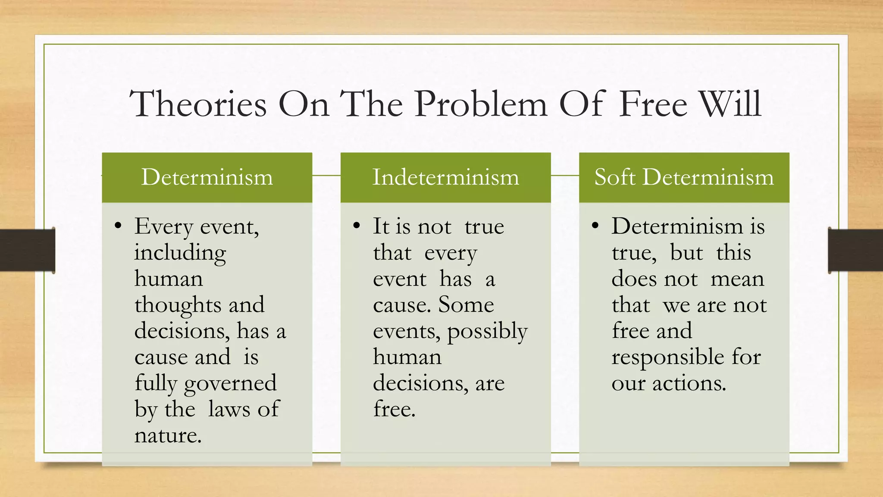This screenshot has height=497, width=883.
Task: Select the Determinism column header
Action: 207,177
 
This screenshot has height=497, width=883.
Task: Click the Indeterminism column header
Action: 445,177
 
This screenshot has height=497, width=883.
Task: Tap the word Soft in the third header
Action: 614,177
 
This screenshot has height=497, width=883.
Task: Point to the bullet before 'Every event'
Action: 118,226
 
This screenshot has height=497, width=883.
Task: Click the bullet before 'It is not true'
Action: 356,226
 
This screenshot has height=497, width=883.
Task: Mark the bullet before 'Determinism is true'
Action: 595,226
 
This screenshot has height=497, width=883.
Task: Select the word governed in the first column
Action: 230,383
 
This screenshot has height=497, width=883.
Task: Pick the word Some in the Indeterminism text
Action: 466,305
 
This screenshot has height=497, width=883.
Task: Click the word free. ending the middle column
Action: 394,409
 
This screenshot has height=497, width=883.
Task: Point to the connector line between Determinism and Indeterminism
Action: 326,176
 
